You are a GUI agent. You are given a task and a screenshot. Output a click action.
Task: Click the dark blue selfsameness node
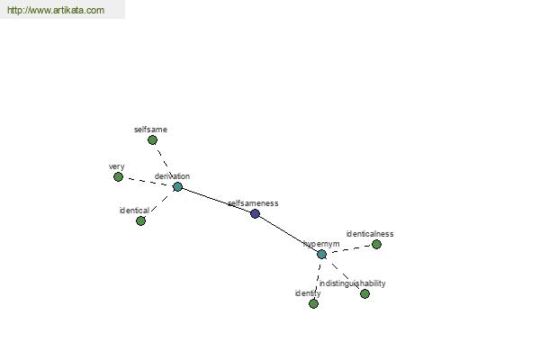pyautogui.click(x=255, y=214)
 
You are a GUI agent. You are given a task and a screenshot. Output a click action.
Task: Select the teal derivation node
pyautogui.click(x=177, y=187)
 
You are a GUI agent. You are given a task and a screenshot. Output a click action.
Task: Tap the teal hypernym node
pyautogui.click(x=321, y=255)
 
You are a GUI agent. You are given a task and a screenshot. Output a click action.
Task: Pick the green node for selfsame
pyautogui.click(x=153, y=140)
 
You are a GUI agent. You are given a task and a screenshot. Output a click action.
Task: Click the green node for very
pyautogui.click(x=119, y=177)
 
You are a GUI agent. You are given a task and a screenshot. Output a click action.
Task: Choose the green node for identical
pyautogui.click(x=141, y=221)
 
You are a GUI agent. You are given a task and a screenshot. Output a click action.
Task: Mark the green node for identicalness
pyautogui.click(x=377, y=245)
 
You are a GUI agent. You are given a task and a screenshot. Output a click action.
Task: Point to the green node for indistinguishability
pyautogui.click(x=365, y=294)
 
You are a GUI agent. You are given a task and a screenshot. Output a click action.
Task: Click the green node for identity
pyautogui.click(x=314, y=304)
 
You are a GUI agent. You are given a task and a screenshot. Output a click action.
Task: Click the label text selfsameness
pyautogui.click(x=253, y=203)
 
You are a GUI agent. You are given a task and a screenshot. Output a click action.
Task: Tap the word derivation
pyautogui.click(x=172, y=176)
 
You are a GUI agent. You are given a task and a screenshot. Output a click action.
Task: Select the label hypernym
pyautogui.click(x=321, y=244)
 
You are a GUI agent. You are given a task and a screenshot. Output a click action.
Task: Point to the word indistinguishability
pyautogui.click(x=352, y=283)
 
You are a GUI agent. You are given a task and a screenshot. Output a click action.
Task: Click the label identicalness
pyautogui.click(x=370, y=234)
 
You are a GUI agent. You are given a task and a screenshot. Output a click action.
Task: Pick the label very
pyautogui.click(x=117, y=166)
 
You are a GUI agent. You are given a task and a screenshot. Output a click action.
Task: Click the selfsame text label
pyautogui.click(x=150, y=130)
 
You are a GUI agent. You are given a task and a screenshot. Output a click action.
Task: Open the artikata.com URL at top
pyautogui.click(x=56, y=10)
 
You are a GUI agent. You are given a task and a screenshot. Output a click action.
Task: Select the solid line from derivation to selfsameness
pyautogui.click(x=216, y=201)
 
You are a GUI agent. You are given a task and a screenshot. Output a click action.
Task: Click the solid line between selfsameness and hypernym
pyautogui.click(x=288, y=234)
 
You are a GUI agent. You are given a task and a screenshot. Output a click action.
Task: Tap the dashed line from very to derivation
pyautogui.click(x=148, y=182)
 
